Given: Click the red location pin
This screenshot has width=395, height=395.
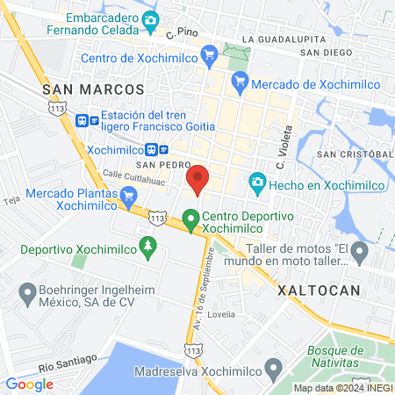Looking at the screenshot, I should pyautogui.click(x=197, y=178).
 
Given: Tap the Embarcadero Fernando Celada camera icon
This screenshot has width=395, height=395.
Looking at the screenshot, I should pyautogui.click(x=150, y=20).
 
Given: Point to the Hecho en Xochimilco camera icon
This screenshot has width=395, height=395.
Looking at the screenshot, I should pyautogui.click(x=257, y=183).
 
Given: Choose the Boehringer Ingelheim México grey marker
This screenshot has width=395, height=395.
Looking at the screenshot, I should pyautogui.click(x=25, y=291).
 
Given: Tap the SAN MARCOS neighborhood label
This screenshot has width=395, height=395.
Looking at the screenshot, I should pyautogui.click(x=92, y=90).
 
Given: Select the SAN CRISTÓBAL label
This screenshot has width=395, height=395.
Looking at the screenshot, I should pyautogui.click(x=350, y=154).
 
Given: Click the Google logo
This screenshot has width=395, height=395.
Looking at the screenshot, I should pyautogui.click(x=29, y=384).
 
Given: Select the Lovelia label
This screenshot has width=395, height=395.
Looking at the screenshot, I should pyautogui.click(x=220, y=313).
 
